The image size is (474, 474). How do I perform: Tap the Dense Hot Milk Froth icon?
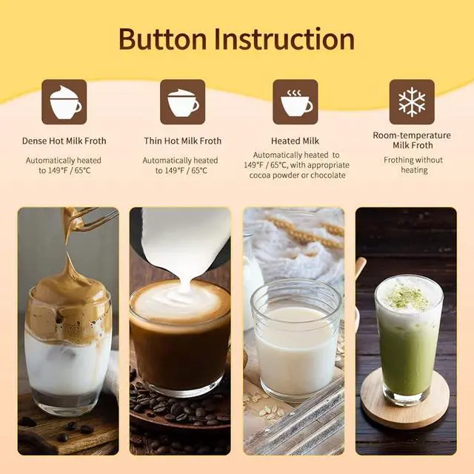64,102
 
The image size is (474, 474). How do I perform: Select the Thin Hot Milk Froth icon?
182,102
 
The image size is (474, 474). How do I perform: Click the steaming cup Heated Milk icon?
295,102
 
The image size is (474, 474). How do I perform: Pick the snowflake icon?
412,102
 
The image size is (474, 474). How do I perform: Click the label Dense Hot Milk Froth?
64,141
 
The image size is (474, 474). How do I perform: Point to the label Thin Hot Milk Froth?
182,141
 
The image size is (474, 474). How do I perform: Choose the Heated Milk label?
295,141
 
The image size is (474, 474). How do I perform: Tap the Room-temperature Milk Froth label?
412,140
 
